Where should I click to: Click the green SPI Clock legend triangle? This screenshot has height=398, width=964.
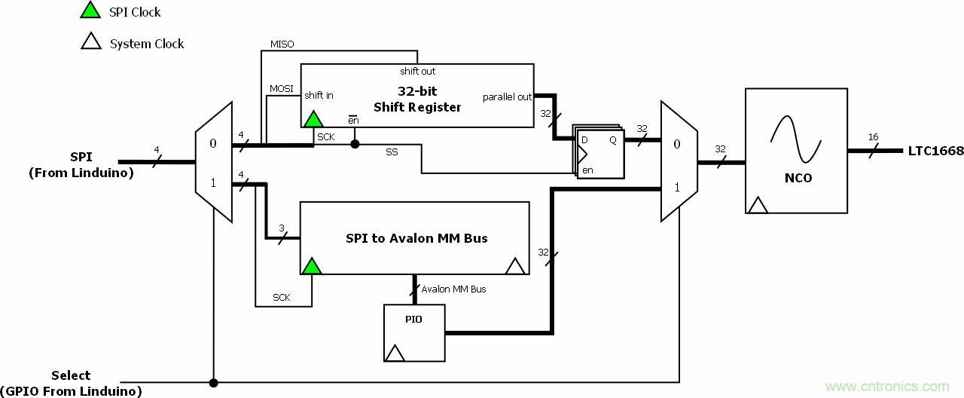pyautogui.click(x=90, y=11)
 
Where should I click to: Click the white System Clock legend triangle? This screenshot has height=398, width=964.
pyautogui.click(x=90, y=42)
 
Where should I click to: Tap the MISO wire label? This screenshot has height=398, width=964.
pyautogui.click(x=282, y=44)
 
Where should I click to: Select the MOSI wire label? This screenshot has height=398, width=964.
pyautogui.click(x=282, y=89)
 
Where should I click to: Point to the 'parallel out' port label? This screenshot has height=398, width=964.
pyautogui.click(x=507, y=96)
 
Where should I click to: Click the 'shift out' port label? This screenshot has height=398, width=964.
pyautogui.click(x=417, y=72)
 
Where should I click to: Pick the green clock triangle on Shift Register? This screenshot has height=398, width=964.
pyautogui.click(x=313, y=118)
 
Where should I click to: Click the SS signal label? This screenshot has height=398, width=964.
pyautogui.click(x=392, y=152)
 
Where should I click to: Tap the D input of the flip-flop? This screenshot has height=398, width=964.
pyautogui.click(x=584, y=140)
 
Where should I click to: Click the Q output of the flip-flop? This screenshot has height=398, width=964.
pyautogui.click(x=613, y=140)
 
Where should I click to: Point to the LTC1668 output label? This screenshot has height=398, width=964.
pyautogui.click(x=935, y=151)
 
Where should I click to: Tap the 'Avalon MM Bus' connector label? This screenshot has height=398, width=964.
pyautogui.click(x=453, y=289)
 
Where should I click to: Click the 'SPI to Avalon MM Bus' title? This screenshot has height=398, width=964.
pyautogui.click(x=416, y=238)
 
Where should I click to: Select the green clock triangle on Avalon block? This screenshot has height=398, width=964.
pyautogui.click(x=311, y=265)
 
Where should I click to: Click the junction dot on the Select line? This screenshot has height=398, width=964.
pyautogui.click(x=213, y=383)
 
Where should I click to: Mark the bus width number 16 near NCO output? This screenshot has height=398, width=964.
pyautogui.click(x=873, y=137)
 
